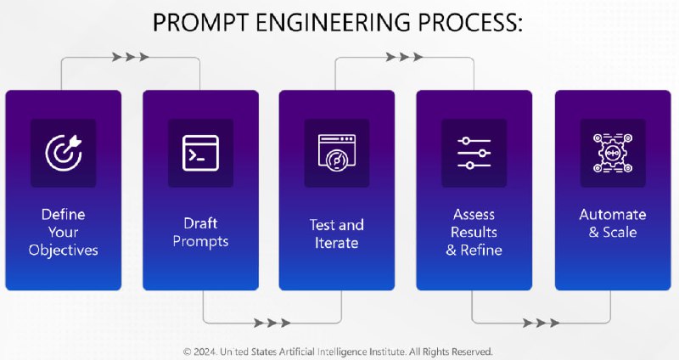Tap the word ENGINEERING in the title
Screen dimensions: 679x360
tap(333, 23)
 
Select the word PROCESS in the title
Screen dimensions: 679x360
tap(467, 23)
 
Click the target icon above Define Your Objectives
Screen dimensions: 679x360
tap(64, 153)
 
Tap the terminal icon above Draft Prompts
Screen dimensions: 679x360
tap(200, 153)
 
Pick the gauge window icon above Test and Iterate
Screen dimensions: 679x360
tap(337, 153)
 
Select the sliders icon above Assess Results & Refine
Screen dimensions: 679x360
tap(474, 153)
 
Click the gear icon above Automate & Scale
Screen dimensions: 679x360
tap(613, 153)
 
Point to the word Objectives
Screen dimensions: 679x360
tap(63, 250)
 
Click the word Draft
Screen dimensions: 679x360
tap(200, 223)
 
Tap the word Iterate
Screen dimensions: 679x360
tap(336, 243)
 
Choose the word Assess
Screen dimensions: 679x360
tap(474, 215)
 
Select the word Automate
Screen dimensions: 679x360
tap(613, 215)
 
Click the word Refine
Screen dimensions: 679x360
tap(481, 250)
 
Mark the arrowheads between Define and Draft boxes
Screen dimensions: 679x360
tap(131, 57)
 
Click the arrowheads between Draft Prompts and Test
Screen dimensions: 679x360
tap(272, 323)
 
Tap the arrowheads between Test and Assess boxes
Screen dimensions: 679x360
tap(405, 57)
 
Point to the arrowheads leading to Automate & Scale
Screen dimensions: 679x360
tap(541, 323)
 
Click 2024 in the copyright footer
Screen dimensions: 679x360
tap(205, 352)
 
